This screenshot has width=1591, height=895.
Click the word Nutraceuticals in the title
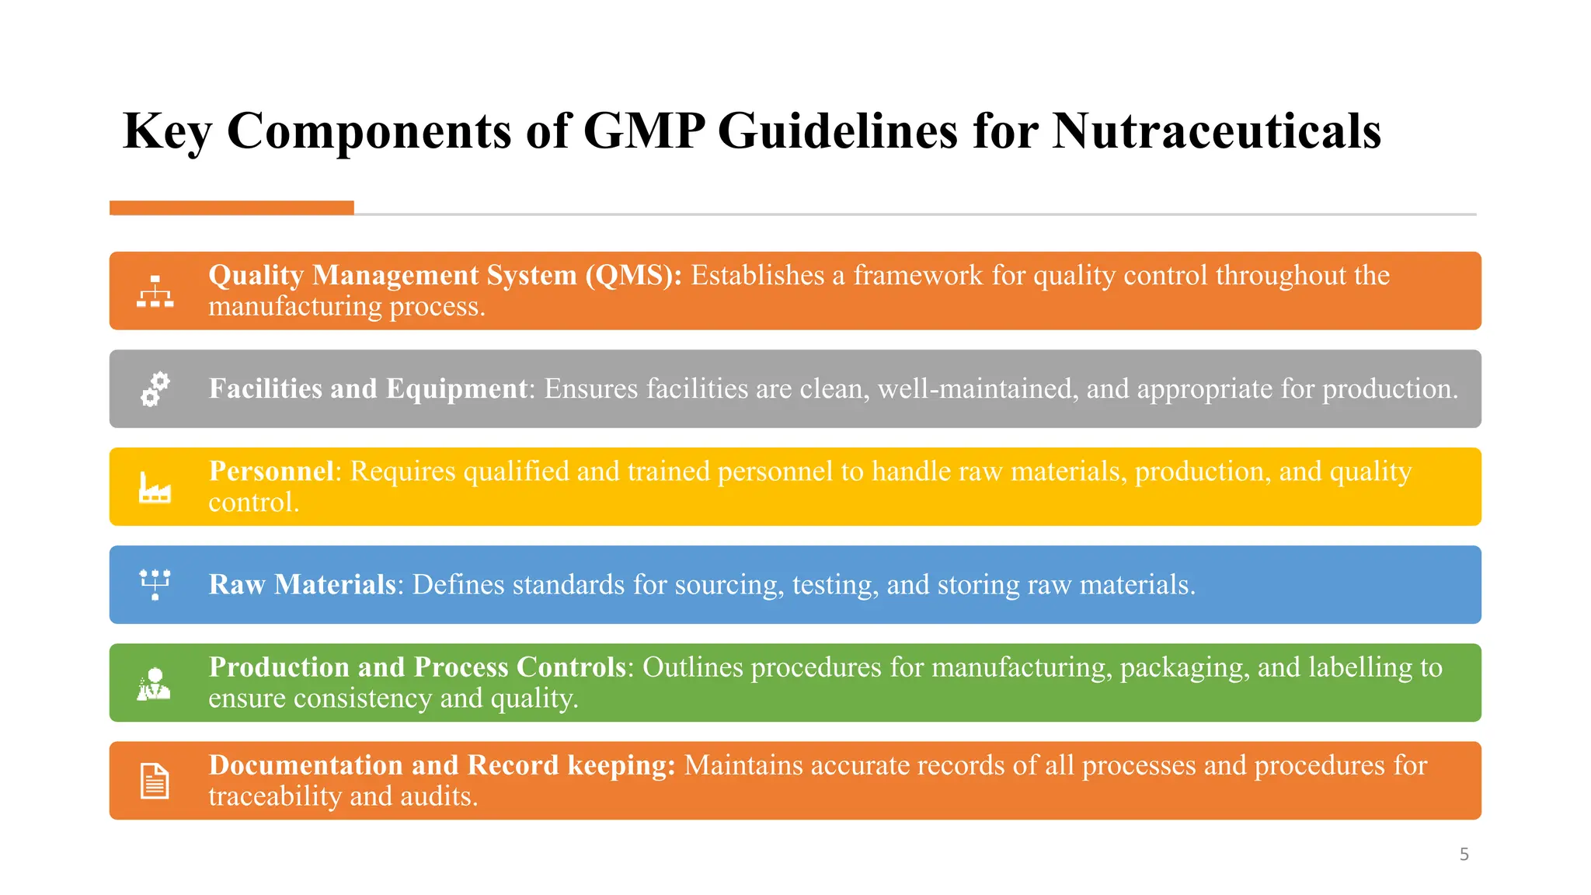(1217, 131)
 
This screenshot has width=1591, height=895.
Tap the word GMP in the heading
(644, 131)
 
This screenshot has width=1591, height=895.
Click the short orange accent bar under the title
(232, 207)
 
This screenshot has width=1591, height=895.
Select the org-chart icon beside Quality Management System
(155, 291)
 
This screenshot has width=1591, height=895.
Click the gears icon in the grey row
(155, 388)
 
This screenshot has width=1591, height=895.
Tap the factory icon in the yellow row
(155, 488)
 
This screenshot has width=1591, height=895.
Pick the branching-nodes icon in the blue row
(155, 584)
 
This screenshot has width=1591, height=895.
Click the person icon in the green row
(154, 684)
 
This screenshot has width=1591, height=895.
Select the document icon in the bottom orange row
(155, 781)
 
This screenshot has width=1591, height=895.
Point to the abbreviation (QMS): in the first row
(633, 276)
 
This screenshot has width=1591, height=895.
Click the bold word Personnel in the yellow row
(271, 472)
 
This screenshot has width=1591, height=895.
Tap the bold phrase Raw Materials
(302, 585)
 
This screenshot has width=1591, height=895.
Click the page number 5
(1464, 855)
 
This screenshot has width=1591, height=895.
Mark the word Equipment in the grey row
(457, 388)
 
